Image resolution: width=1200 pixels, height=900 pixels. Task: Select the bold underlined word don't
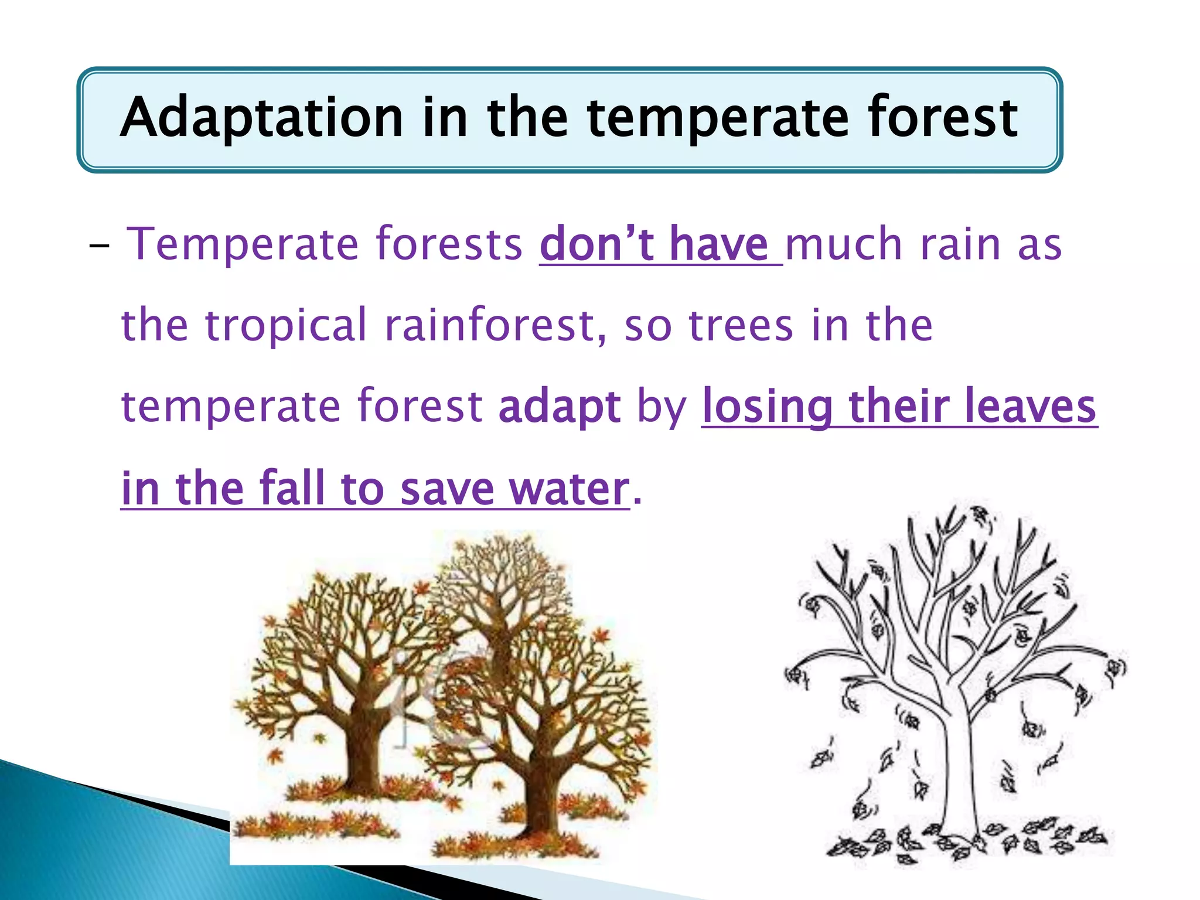coord(596,244)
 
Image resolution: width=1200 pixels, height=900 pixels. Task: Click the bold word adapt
coord(559,406)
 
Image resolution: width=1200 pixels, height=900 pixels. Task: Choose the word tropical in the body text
coord(285,325)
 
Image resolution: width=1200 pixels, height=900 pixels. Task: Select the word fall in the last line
coord(291,488)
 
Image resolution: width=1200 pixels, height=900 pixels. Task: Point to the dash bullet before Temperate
coord(99,246)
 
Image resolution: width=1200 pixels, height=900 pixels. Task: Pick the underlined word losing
coord(768,406)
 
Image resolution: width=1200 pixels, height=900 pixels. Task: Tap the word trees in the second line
coord(741,325)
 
